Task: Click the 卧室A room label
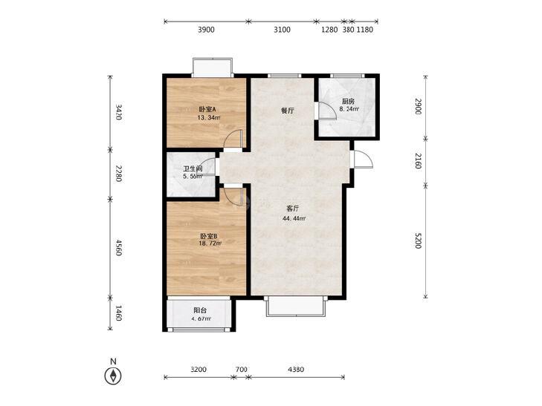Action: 207,109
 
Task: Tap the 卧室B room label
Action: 209,236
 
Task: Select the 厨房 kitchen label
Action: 348,102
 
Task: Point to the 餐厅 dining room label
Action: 288,111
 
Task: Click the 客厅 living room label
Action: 293,209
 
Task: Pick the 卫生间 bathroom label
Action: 193,169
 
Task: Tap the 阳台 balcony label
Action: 200,310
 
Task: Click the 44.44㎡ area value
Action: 294,218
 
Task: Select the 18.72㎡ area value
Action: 210,243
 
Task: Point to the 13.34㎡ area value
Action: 209,117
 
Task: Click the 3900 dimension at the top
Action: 206,30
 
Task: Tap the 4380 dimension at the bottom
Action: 296,370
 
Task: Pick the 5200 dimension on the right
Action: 418,240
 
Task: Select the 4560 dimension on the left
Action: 118,248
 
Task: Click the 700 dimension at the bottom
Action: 242,370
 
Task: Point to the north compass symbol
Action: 113,376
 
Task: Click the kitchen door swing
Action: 327,111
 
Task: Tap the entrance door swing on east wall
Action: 364,160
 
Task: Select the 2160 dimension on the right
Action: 418,161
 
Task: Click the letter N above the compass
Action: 113,361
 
